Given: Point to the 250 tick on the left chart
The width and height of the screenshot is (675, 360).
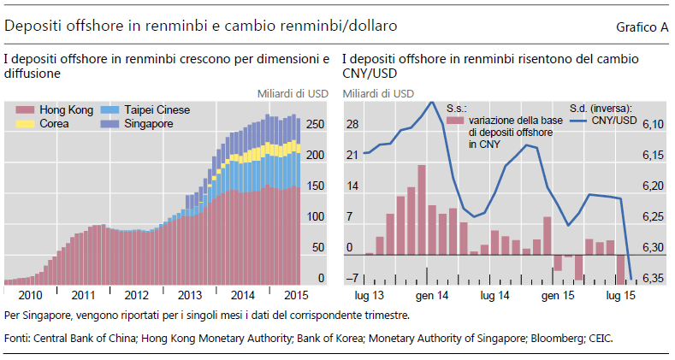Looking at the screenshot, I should coord(315,125).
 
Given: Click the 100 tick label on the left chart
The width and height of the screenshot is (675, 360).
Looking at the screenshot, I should coord(315,217).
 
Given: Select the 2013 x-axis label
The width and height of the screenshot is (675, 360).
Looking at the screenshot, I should coord(191,295).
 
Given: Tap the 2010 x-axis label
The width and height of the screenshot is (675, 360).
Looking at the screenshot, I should coord(30,295).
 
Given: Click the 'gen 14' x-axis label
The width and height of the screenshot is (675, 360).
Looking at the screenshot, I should coord(432,295).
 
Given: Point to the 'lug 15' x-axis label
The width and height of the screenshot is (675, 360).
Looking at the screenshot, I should coord(619,295).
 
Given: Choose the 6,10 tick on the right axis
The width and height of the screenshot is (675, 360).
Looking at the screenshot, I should coord(653,125).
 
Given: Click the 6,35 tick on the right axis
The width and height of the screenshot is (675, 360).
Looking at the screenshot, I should coord(653,279).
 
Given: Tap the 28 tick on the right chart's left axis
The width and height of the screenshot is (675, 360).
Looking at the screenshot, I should coord(352,125).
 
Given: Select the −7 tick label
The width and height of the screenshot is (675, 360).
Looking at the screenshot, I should coord(351,279).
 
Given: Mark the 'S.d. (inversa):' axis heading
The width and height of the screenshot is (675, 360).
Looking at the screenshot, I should coord(601,108).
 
